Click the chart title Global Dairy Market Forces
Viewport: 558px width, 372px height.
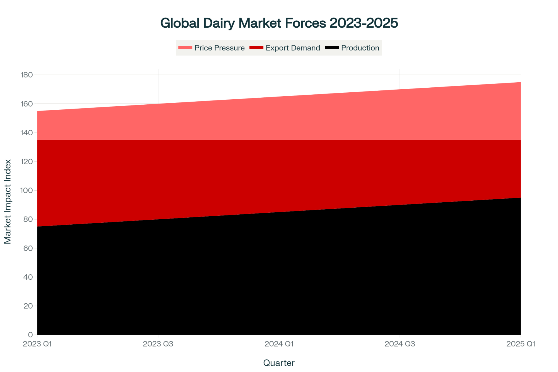pyautogui.click(x=279, y=23)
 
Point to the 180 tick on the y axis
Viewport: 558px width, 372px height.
pyautogui.click(x=27, y=75)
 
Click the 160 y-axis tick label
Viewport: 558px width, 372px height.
pyautogui.click(x=27, y=104)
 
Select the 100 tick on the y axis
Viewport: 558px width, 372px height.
pyautogui.click(x=27, y=190)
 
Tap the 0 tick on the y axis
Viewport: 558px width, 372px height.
pyautogui.click(x=30, y=335)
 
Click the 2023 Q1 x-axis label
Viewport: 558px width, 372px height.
pyautogui.click(x=37, y=344)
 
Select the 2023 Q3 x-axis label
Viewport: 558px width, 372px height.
pyautogui.click(x=158, y=344)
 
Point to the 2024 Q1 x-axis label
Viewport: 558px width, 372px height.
pyautogui.click(x=279, y=344)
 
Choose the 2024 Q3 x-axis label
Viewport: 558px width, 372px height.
pyautogui.click(x=400, y=344)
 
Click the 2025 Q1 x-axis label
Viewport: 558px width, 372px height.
pyautogui.click(x=521, y=344)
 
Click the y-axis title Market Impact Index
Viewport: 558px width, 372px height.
pyautogui.click(x=8, y=201)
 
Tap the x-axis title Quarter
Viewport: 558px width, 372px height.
pyautogui.click(x=279, y=363)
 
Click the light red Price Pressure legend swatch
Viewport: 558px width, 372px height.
pyautogui.click(x=185, y=48)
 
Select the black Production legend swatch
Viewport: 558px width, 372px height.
pyautogui.click(x=332, y=48)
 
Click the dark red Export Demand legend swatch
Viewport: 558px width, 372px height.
pyautogui.click(x=256, y=48)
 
